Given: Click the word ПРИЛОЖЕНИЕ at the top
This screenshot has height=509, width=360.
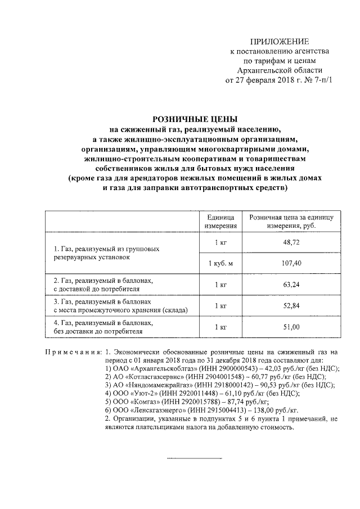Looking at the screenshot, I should pos(280,42).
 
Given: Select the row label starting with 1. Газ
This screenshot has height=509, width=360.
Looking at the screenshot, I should pos(110,253).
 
